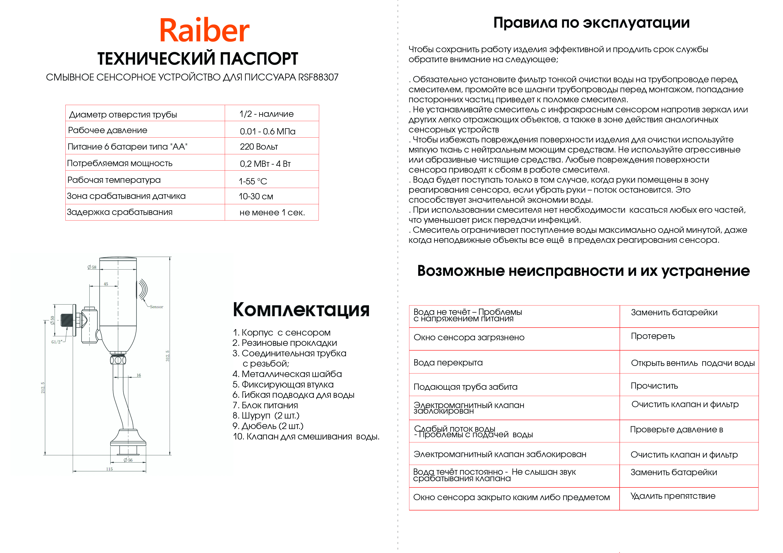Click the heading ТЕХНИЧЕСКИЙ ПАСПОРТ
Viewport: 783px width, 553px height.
[198, 59]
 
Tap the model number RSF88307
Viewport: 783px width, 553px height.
[318, 77]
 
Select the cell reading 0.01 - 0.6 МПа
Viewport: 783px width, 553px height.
[267, 131]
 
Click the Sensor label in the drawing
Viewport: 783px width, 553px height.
[156, 307]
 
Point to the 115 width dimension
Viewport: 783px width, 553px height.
[109, 469]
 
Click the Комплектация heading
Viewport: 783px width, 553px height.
[301, 310]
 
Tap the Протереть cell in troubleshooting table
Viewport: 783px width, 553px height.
[652, 336]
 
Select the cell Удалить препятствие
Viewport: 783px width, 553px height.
[673, 496]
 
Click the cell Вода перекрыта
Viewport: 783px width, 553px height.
[448, 363]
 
